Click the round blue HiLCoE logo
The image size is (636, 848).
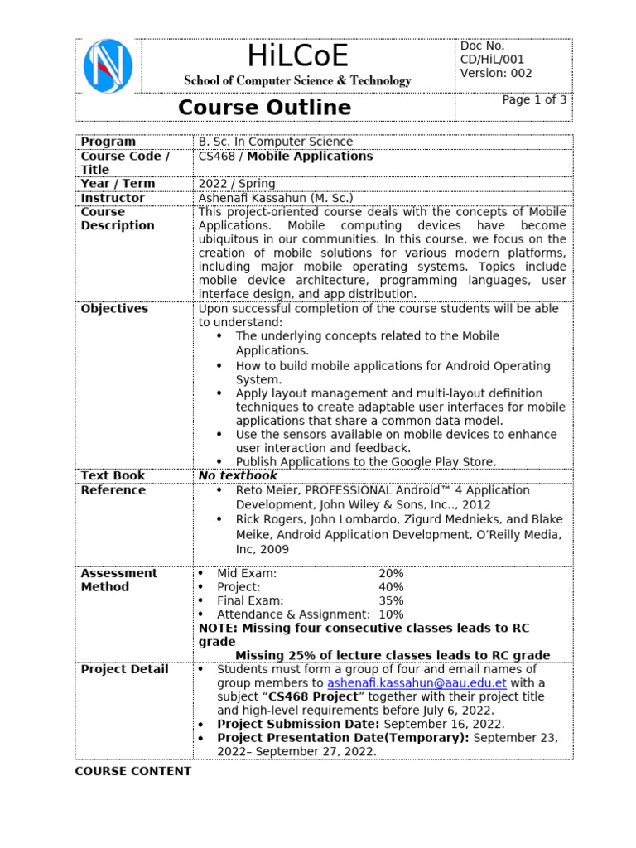point(108,65)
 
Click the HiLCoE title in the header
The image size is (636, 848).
point(297,56)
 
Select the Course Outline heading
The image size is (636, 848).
point(264,108)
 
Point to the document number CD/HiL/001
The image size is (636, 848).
point(492,60)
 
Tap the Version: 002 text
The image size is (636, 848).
point(496,73)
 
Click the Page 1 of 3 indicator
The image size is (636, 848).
point(535,99)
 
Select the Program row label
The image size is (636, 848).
point(108,142)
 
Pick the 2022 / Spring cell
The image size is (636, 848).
point(237,184)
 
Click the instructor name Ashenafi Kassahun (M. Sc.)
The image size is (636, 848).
point(276,198)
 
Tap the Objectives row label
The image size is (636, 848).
point(114,309)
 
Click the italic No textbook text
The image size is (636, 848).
point(238,475)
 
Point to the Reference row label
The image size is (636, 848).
point(113,490)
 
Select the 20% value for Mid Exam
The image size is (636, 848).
point(391,573)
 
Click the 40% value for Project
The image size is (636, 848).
point(391,587)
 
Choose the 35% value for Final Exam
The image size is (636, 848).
point(391,600)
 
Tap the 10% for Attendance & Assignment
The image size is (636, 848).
point(391,614)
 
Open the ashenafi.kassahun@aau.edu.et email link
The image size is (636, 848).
point(417,683)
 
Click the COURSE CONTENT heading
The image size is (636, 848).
point(132,771)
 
